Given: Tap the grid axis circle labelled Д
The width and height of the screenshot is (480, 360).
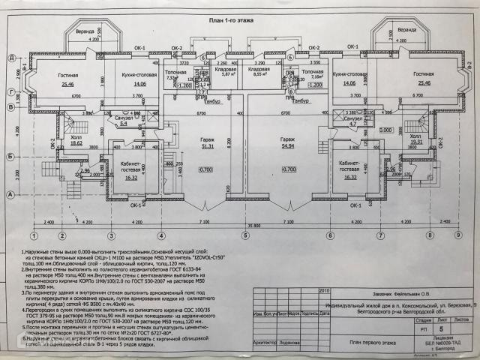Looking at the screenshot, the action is click(13, 58).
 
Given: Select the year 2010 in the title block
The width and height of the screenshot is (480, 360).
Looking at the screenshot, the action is click(303, 289).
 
